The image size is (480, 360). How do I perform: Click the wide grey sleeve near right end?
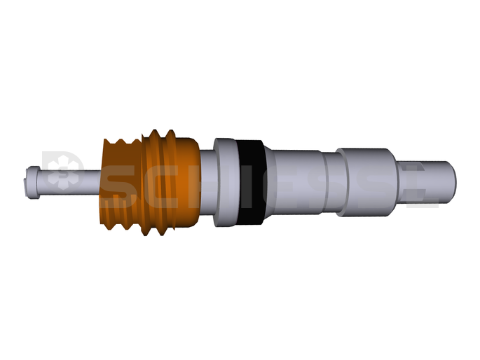pyautogui.click(x=364, y=182)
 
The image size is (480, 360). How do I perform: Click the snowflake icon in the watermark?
pyautogui.click(x=64, y=173)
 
